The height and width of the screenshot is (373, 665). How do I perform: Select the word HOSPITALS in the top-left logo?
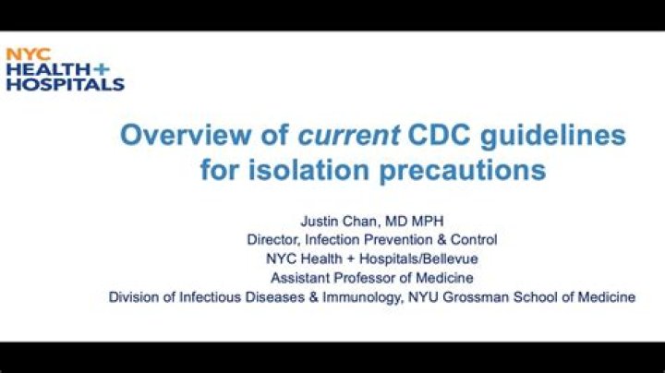(65, 84)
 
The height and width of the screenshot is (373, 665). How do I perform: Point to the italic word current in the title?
(345, 136)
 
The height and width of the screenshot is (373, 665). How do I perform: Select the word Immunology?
(333, 297)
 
